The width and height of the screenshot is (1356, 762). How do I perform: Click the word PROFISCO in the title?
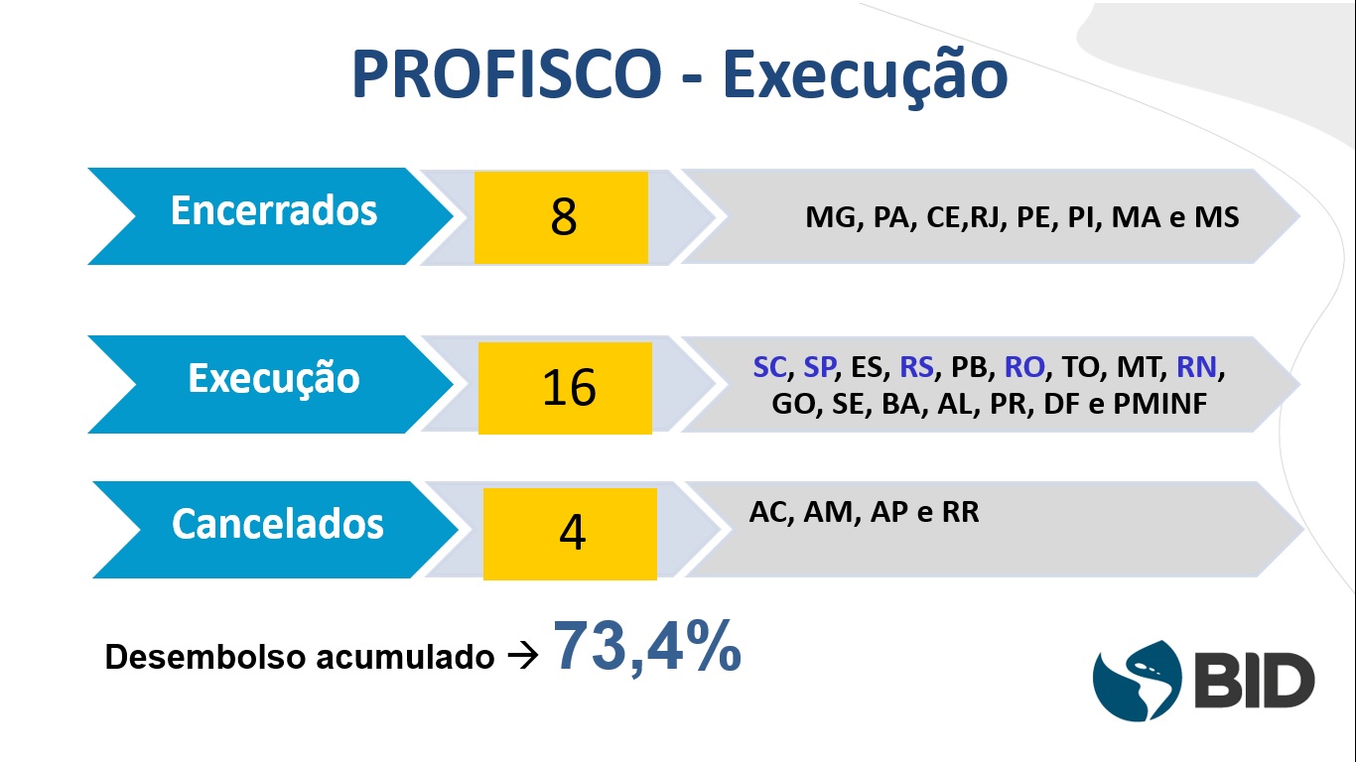point(506,73)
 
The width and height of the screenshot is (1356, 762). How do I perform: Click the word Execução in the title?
point(865,77)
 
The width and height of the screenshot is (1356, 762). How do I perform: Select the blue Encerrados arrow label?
point(271,216)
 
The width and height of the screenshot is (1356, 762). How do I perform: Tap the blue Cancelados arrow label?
point(275,530)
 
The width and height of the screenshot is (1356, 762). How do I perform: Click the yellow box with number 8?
point(561,218)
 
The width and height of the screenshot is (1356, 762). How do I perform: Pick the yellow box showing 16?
point(566,388)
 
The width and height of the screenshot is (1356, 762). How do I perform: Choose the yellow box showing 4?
point(570,534)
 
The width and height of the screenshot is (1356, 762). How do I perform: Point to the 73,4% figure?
point(647,647)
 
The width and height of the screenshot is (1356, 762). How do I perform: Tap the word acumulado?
point(405,657)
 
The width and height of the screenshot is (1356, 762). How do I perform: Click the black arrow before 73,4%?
point(523,656)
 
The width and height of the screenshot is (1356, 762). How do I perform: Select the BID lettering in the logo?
point(1255,681)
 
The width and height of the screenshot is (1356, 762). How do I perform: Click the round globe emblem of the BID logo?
point(1138,681)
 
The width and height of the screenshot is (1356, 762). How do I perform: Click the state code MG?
point(831,217)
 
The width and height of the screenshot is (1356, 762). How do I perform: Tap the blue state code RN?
point(1196,367)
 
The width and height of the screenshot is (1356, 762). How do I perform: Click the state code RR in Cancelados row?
point(960,512)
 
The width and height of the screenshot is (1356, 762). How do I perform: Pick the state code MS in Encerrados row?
point(1216,217)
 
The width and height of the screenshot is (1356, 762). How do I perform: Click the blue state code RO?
point(1024,367)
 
